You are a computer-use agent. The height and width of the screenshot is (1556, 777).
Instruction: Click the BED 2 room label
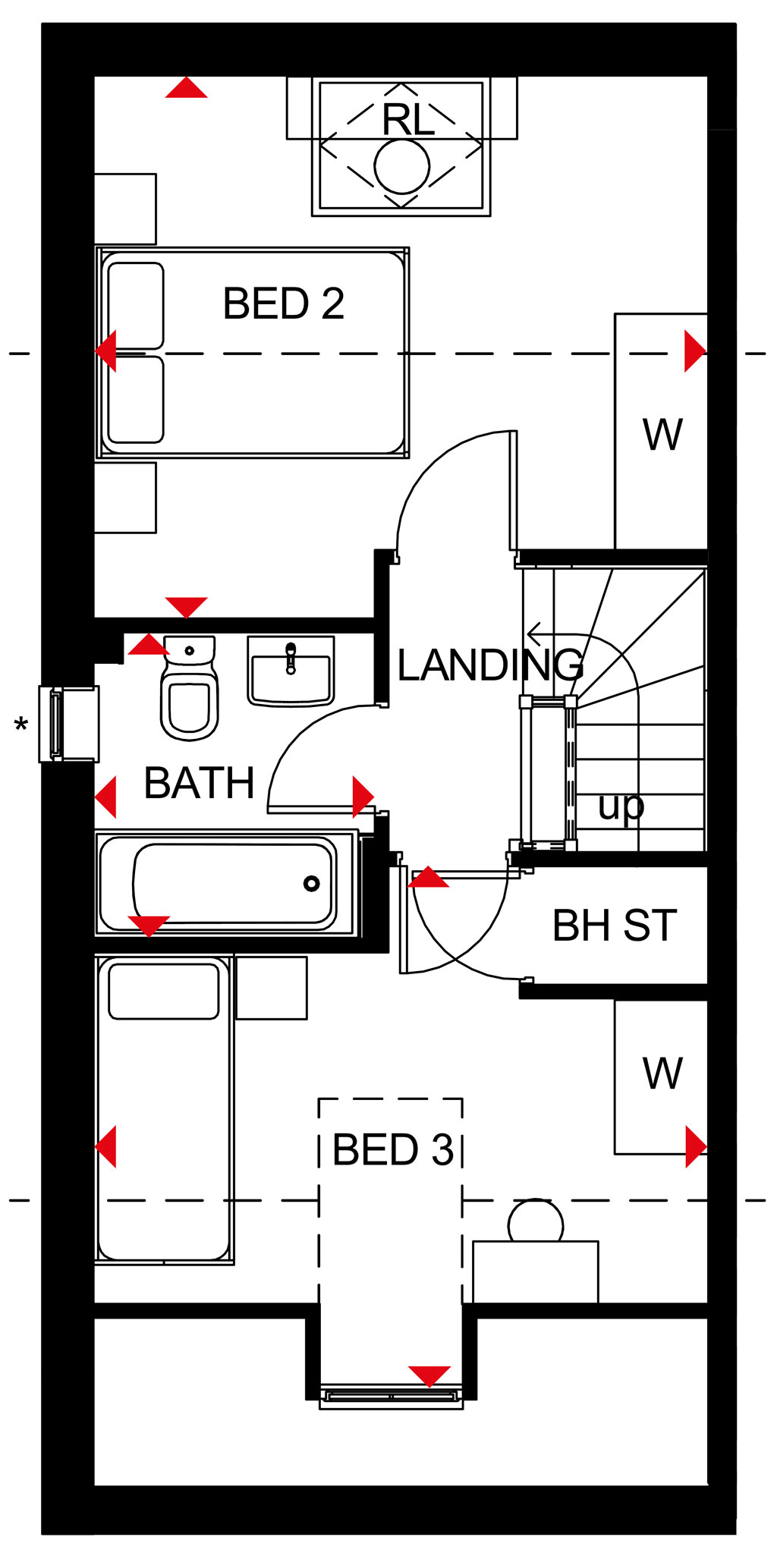(x=283, y=303)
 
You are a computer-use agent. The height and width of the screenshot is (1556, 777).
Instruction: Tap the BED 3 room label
(x=392, y=1149)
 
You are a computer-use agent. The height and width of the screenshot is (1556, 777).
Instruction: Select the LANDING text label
(x=490, y=665)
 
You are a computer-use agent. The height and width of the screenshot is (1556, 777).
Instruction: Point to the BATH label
(x=199, y=783)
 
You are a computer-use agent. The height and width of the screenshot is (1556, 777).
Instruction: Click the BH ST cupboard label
(x=614, y=926)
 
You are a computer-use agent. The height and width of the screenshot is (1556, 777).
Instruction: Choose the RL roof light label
(x=408, y=120)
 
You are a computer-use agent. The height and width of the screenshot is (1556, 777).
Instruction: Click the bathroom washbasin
(x=291, y=671)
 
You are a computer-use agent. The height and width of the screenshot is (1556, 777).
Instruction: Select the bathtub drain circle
(x=311, y=883)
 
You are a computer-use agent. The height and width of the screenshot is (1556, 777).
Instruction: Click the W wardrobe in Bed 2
(x=662, y=435)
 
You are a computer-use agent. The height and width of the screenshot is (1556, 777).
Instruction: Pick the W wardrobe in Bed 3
(x=662, y=1073)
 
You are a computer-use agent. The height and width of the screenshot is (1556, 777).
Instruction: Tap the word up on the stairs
(x=621, y=806)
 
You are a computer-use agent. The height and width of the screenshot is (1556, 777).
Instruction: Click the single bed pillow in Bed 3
(x=164, y=991)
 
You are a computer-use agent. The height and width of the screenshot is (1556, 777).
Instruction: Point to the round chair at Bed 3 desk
(x=536, y=1221)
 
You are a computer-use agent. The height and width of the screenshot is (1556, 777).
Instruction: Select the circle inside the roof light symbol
(x=402, y=165)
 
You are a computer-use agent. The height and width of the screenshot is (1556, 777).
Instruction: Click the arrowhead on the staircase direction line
(x=534, y=633)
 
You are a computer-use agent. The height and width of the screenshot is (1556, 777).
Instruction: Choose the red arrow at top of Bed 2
(x=186, y=89)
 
